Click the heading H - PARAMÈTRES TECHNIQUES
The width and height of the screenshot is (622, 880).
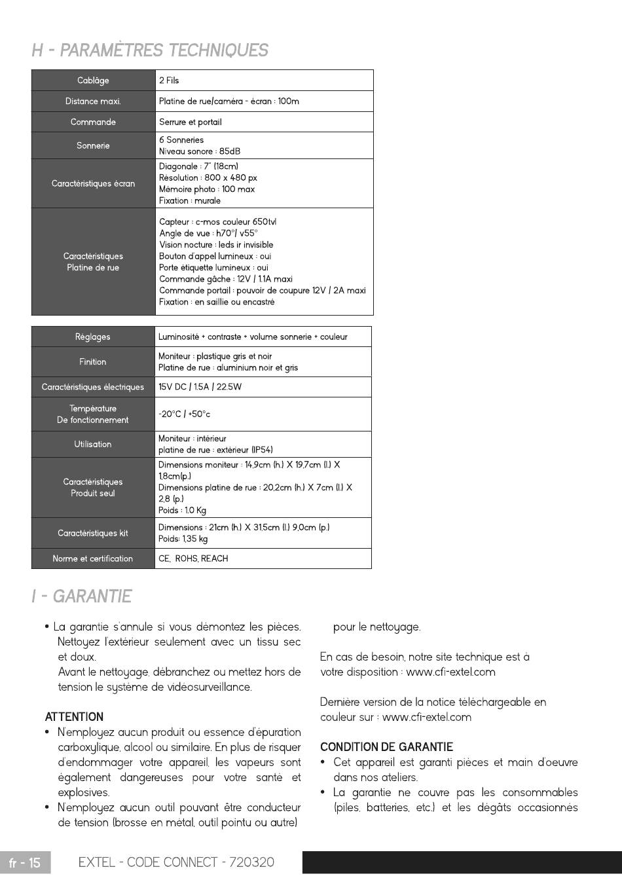[150, 50]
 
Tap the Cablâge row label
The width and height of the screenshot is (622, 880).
[93, 81]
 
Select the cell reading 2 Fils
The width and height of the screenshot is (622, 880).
[169, 81]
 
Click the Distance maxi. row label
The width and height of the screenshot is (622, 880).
[93, 101]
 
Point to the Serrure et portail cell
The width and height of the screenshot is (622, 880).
[191, 122]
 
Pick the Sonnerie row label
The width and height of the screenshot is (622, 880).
[93, 145]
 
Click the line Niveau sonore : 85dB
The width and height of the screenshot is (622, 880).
[195, 151]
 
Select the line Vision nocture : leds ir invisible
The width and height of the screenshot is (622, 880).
[216, 245]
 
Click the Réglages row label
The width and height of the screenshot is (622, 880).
[93, 337]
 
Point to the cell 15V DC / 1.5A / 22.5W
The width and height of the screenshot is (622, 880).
[200, 387]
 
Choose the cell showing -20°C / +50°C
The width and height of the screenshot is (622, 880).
[184, 414]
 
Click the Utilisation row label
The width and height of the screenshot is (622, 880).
[93, 444]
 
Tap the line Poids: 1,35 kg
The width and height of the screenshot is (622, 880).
[183, 539]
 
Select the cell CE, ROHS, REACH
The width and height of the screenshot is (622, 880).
[193, 559]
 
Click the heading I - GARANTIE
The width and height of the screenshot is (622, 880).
[82, 596]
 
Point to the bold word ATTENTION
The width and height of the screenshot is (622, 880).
[74, 717]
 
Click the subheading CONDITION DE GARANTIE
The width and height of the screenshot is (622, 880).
[386, 747]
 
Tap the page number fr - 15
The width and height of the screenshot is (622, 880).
[25, 862]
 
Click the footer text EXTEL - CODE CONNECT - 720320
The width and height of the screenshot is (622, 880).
[176, 862]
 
